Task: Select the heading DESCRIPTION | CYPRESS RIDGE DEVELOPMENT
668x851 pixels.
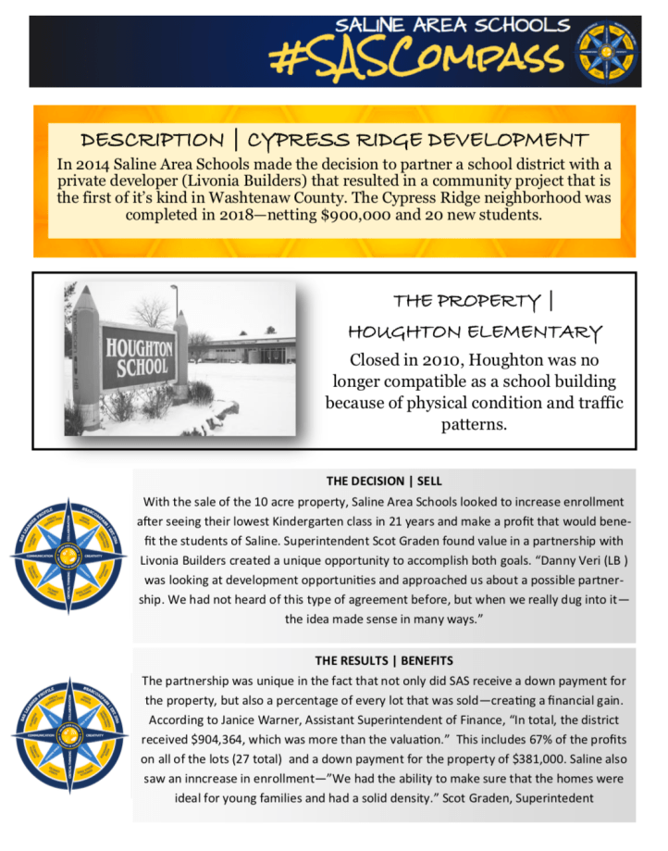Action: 334,141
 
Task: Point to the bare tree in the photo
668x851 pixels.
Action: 152,311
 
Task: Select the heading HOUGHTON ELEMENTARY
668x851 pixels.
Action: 475,332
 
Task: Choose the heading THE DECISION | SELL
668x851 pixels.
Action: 384,481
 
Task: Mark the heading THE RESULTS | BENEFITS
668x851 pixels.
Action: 384,661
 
